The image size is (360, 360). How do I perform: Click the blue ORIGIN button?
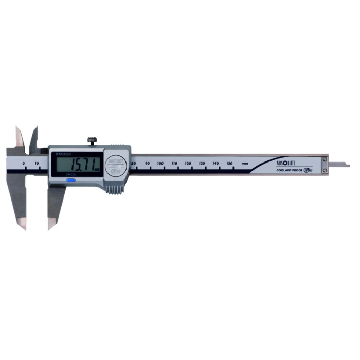(x=70, y=180)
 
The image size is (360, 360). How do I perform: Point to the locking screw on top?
(x=93, y=140)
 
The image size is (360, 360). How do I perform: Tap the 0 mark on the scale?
(x=24, y=163)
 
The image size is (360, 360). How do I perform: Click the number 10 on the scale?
(x=37, y=163)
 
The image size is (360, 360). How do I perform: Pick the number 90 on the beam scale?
(x=148, y=164)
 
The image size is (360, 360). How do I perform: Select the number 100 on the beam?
(x=161, y=164)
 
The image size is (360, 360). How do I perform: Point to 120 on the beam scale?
(x=188, y=164)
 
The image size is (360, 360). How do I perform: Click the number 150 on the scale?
(x=229, y=164)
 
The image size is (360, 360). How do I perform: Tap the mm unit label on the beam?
(x=245, y=164)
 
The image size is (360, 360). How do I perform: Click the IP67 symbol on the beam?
(x=309, y=170)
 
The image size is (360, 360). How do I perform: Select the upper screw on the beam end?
(x=325, y=160)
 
